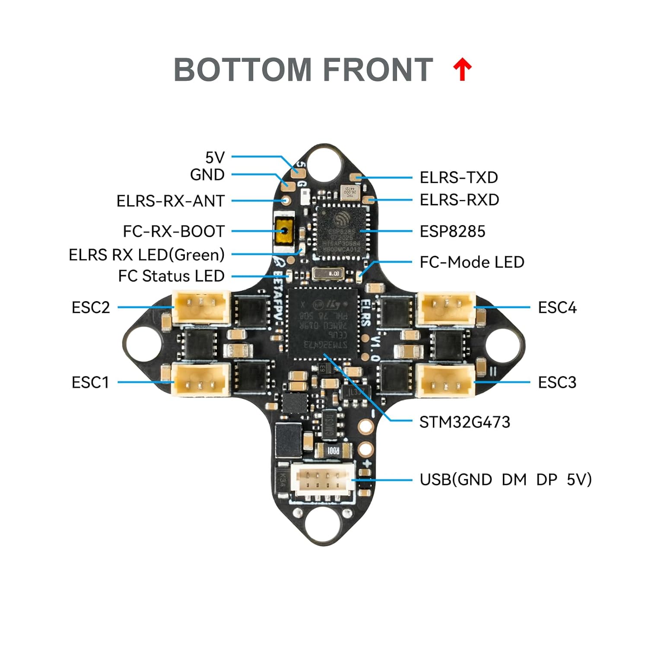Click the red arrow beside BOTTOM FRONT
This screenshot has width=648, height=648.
click(x=462, y=70)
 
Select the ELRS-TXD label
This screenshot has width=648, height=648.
click(x=459, y=178)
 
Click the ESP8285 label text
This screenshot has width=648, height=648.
click(x=452, y=232)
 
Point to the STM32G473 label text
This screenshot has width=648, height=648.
click(x=464, y=422)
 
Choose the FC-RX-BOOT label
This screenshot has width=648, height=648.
click(x=174, y=232)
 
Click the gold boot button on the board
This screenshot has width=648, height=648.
click(x=284, y=232)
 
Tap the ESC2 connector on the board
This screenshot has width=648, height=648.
click(x=201, y=307)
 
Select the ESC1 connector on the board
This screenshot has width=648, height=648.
click(x=201, y=379)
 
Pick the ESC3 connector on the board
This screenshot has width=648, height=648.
click(x=446, y=380)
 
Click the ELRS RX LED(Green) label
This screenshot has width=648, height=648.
click(x=146, y=255)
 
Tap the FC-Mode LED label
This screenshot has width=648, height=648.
click(x=472, y=262)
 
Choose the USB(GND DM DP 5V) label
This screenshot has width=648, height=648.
click(x=505, y=480)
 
